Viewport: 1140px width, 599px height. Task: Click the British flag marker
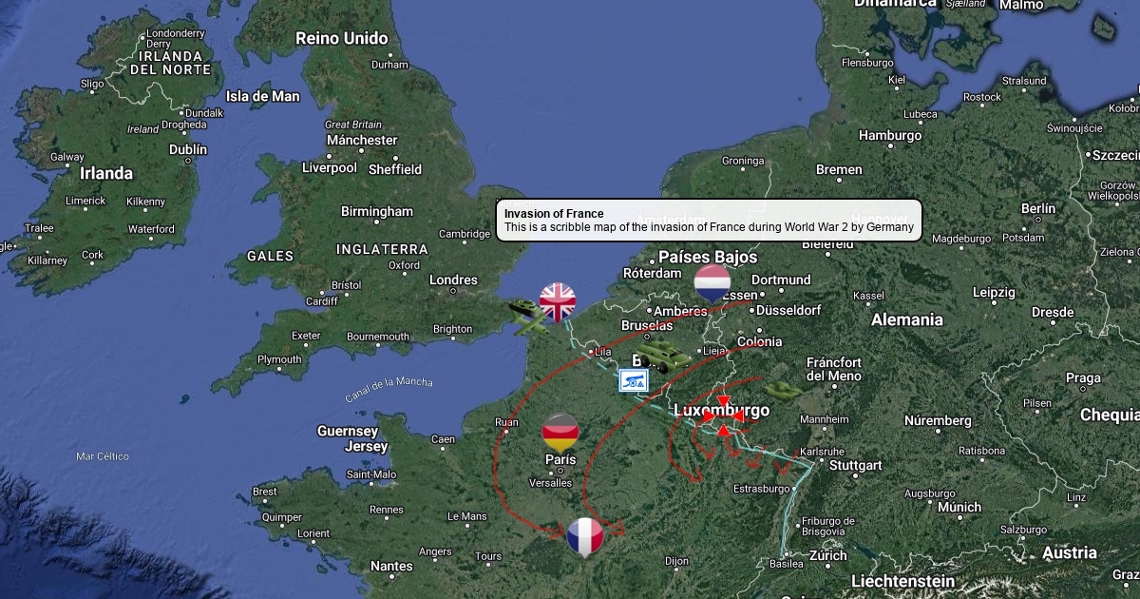pos(558,301)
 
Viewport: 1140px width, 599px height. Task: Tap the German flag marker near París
pos(560,432)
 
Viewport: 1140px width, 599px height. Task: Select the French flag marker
pos(585,536)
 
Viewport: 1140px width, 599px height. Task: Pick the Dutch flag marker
pos(712,283)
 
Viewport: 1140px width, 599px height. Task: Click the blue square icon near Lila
pos(634,380)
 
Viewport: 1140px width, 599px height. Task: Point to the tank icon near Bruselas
pos(664,357)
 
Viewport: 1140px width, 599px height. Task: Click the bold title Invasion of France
pos(554,214)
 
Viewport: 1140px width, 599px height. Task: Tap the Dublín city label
pos(187,149)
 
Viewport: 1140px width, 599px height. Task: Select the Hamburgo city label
pos(890,136)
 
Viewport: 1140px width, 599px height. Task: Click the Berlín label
pos(1037,208)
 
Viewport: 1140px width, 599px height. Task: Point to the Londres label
pos(453,280)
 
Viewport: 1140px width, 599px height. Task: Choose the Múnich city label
pos(959,507)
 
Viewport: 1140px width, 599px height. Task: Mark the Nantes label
pos(391,566)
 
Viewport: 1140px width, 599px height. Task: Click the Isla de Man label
pos(262,96)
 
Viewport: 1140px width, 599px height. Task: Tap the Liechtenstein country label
pos(902,581)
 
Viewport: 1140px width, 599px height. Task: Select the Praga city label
pos(1083,377)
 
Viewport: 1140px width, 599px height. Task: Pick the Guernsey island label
pos(348,432)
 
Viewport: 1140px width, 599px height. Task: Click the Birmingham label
pos(377,211)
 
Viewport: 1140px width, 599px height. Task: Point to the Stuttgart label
pos(855,466)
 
